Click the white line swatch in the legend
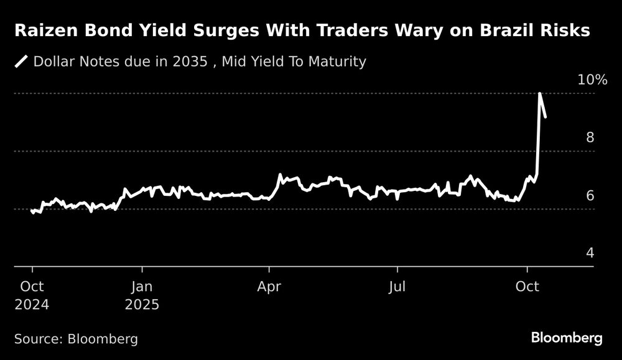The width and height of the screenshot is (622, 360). (x=22, y=61)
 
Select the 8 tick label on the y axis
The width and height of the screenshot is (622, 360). (x=590, y=137)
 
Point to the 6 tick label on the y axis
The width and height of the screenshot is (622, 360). (x=590, y=195)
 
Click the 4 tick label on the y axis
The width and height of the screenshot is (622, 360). (x=590, y=253)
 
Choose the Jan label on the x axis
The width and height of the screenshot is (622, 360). (x=142, y=287)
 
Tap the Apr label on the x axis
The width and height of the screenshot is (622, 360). (x=269, y=287)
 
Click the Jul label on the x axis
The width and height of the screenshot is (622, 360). (x=397, y=287)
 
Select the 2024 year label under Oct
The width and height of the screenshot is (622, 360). (x=32, y=305)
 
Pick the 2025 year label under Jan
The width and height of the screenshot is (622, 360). (x=142, y=305)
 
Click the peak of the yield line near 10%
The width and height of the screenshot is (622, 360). (x=539, y=93)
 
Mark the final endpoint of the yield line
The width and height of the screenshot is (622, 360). (x=545, y=117)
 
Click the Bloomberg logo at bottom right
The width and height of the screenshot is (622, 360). (x=567, y=338)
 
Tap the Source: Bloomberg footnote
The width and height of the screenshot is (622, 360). (x=76, y=339)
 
